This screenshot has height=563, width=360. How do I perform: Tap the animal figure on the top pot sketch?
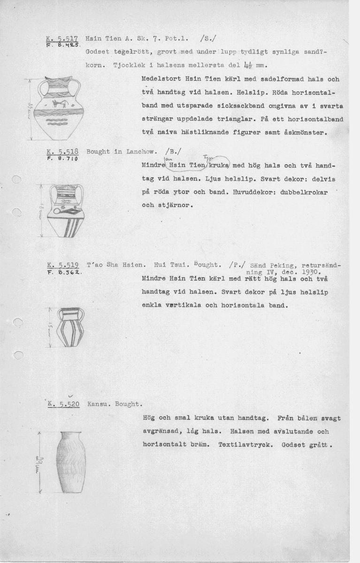pos(61,103)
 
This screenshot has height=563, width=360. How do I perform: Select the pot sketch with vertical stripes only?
pos(70,327)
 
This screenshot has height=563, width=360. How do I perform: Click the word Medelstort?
pos(161,80)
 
